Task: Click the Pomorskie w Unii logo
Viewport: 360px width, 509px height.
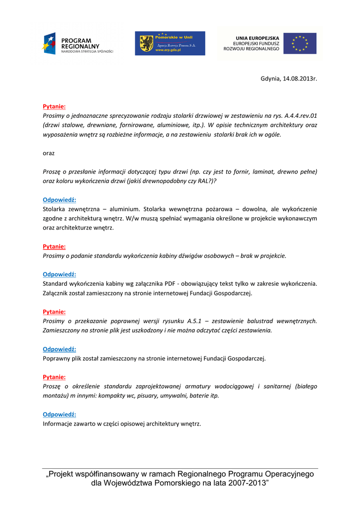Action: [170, 44]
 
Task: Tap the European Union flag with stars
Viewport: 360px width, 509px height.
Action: [300, 43]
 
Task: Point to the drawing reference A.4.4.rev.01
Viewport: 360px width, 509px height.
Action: [301, 115]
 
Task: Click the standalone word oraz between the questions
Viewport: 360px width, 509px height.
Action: [49, 153]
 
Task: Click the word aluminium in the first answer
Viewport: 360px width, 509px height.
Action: [126, 209]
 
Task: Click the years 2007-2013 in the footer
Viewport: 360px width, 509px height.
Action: [248, 483]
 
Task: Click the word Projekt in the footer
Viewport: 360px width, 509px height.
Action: [64, 474]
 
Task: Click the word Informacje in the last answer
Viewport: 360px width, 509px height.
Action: [58, 424]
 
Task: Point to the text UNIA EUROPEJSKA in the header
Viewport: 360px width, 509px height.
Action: [257, 38]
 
